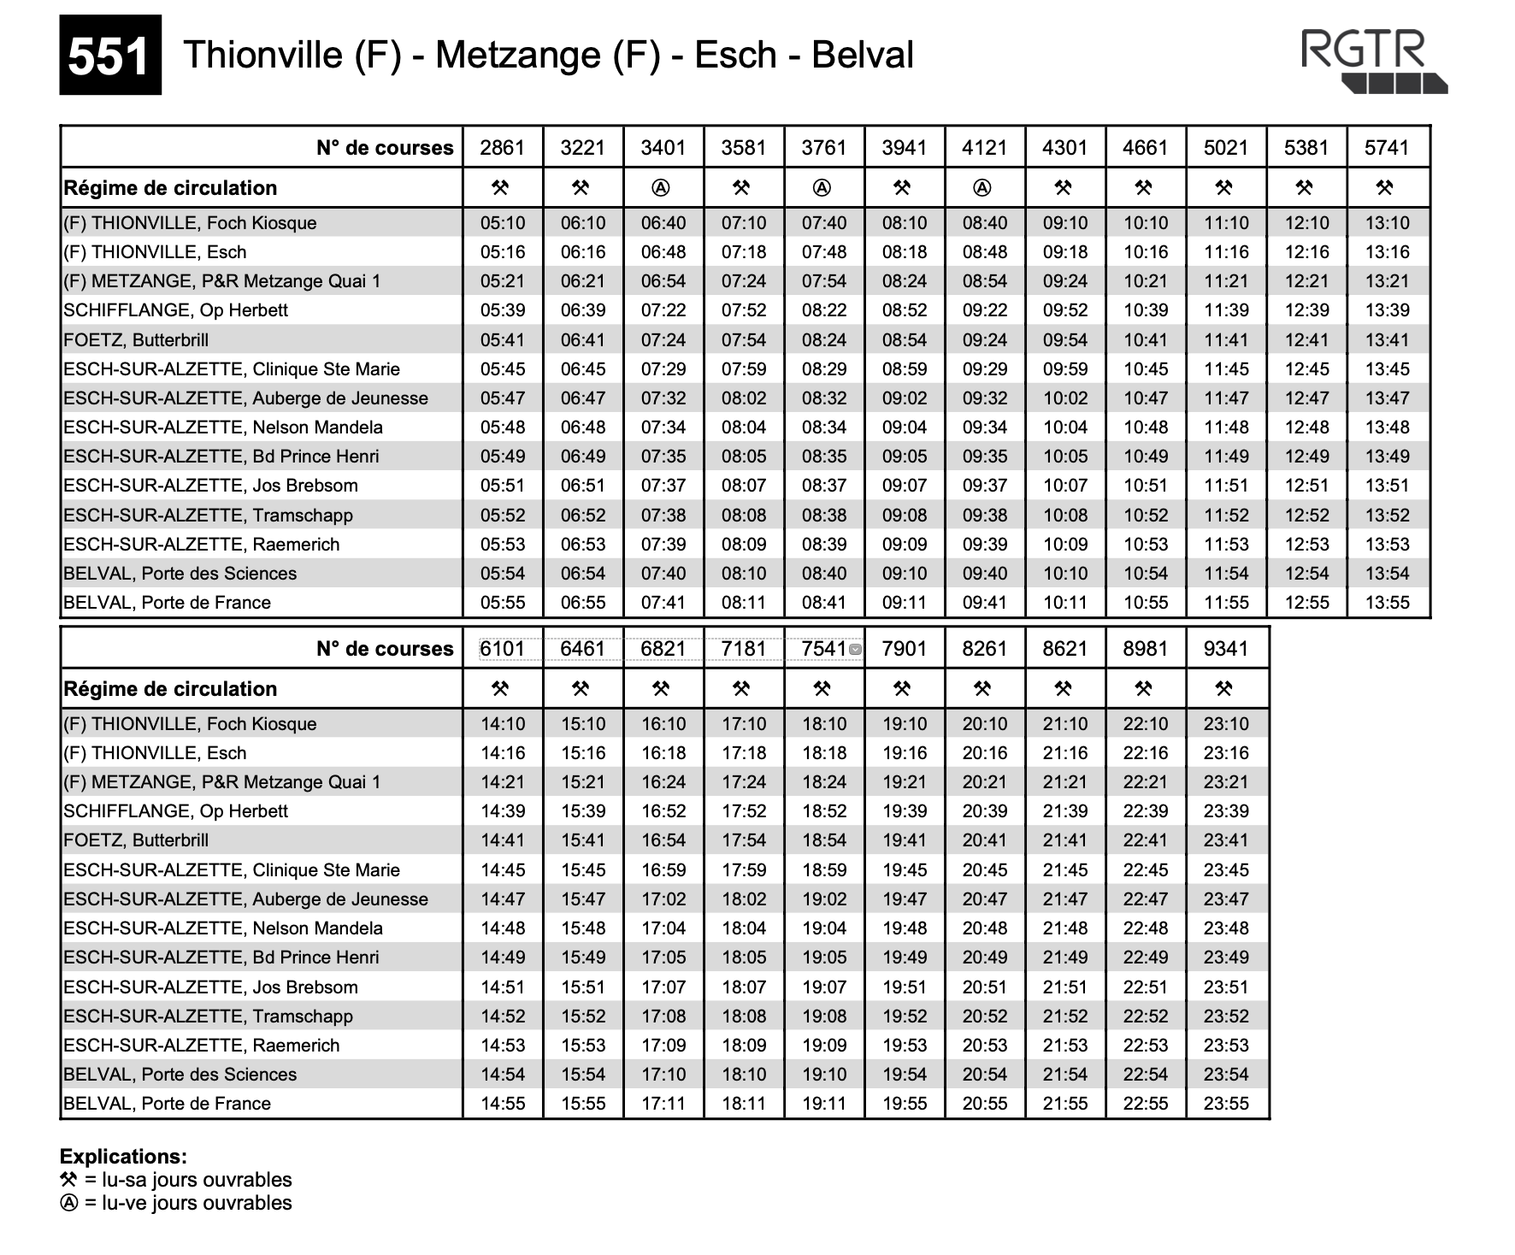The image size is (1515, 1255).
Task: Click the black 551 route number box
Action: (109, 56)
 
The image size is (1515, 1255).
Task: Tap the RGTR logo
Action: (1373, 61)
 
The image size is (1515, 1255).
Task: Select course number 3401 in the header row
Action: (663, 148)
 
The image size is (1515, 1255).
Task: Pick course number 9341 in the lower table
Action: (1226, 649)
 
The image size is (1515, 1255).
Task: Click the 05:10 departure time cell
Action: (503, 223)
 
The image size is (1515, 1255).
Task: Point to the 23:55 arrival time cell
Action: (1226, 1104)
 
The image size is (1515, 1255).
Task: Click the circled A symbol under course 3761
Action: (822, 187)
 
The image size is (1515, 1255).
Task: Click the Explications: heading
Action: (123, 1157)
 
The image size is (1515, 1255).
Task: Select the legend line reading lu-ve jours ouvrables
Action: (176, 1203)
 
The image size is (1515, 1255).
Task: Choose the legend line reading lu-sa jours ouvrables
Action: (176, 1180)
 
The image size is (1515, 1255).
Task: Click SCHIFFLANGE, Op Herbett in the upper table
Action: (175, 310)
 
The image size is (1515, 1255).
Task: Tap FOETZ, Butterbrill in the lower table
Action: (136, 840)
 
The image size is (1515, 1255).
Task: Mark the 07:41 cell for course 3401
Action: (663, 603)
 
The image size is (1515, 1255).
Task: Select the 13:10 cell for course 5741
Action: (1387, 223)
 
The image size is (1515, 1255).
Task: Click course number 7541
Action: (823, 649)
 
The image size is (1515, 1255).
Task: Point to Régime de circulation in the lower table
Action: (170, 689)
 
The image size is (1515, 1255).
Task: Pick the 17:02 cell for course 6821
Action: (663, 899)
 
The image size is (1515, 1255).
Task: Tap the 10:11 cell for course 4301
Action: (1065, 603)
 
